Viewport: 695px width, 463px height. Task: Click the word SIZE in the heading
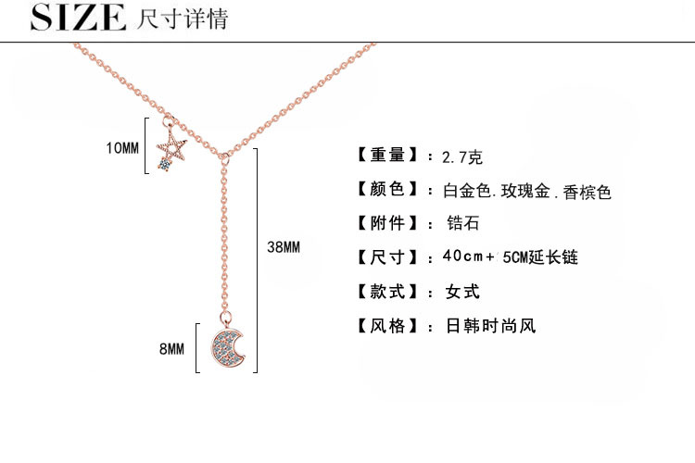tap(78, 18)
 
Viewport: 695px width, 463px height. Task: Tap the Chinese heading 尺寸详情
tap(181, 19)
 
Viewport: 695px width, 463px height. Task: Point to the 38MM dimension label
tap(284, 247)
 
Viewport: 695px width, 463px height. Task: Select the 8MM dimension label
tap(172, 348)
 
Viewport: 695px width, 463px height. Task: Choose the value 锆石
tap(462, 224)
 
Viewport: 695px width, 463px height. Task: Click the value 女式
tap(462, 292)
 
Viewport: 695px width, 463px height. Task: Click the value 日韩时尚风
tap(490, 326)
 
